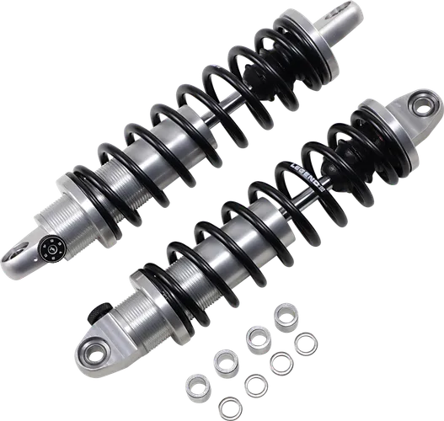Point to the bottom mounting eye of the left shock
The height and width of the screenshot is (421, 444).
(19, 249)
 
